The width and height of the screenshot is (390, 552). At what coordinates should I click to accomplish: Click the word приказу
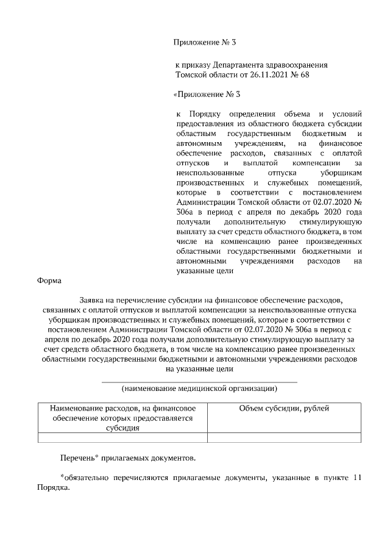(x=196, y=65)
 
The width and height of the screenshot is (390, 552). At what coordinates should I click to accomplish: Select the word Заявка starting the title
(x=93, y=300)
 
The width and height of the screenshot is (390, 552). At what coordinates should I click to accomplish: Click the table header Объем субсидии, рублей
(x=284, y=408)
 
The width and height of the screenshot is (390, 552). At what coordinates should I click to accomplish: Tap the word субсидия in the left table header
(x=122, y=428)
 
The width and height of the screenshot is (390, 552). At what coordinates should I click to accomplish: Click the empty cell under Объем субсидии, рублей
(x=284, y=437)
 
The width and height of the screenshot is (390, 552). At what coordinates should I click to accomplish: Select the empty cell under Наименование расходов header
(x=122, y=437)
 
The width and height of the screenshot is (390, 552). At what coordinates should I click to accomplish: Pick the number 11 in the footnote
(x=358, y=478)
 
